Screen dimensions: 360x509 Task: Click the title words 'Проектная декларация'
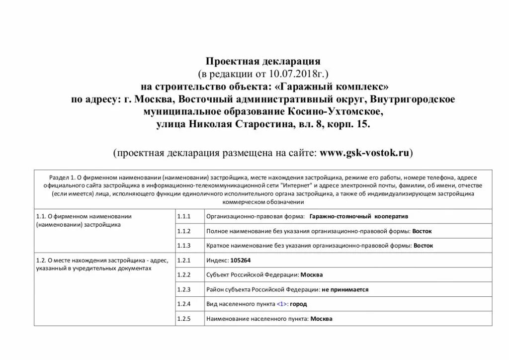263,62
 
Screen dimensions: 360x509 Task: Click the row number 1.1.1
184,217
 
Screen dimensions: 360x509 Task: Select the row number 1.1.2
184,231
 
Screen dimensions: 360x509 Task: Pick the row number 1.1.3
184,246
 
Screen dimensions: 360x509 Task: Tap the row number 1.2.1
184,260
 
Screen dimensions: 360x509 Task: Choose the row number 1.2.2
184,274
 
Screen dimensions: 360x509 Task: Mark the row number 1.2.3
184,289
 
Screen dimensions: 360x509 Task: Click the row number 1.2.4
184,304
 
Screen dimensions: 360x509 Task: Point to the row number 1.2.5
184,319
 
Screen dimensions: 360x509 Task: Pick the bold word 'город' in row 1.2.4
298,304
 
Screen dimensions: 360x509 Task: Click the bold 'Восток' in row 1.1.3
424,246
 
